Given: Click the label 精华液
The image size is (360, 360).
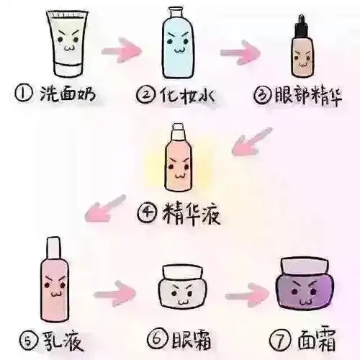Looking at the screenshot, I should (x=192, y=213).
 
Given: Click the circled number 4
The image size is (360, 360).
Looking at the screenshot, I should (x=148, y=214).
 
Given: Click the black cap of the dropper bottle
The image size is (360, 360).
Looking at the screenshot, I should (x=302, y=22).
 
